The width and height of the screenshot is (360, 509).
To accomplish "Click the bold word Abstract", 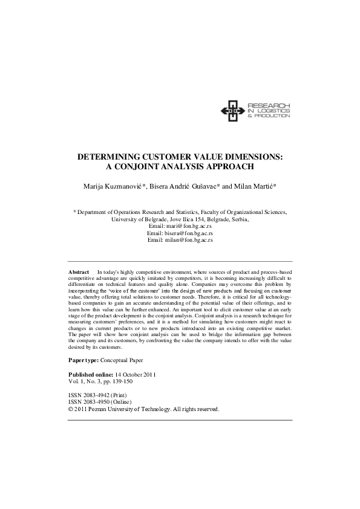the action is point(79,273).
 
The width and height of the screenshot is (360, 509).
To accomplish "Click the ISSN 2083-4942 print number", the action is point(98,395).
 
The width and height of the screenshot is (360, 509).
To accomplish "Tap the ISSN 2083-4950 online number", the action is point(98,402).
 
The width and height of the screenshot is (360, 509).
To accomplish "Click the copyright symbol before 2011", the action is point(71,409).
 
